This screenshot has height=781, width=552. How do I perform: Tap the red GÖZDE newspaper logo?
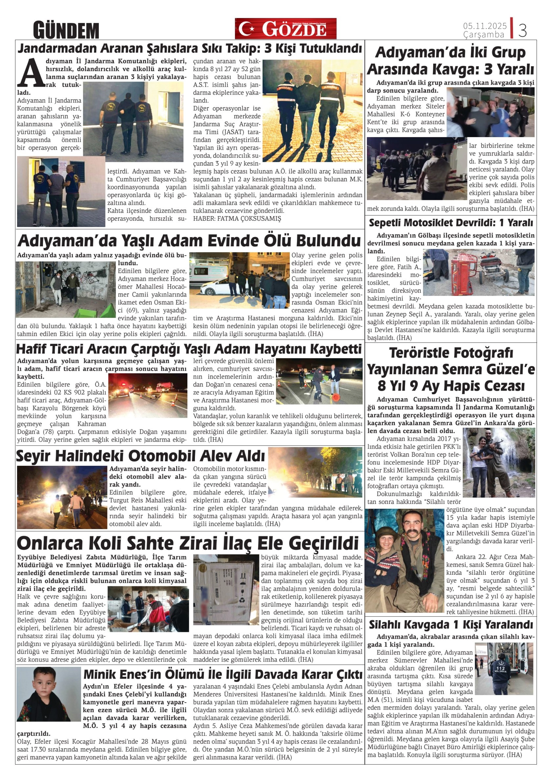click(285, 28)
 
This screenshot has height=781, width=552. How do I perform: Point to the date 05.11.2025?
click(485, 26)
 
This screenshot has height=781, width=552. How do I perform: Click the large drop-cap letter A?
click(31, 73)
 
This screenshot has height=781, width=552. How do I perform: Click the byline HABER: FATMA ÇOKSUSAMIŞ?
click(237, 219)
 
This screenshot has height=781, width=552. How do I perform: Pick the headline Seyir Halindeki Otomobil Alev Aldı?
click(140, 456)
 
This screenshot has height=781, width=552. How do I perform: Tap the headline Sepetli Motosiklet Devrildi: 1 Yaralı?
click(451, 223)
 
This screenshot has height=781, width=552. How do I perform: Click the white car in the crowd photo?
click(211, 287)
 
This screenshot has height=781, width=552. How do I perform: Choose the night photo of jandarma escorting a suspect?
click(312, 111)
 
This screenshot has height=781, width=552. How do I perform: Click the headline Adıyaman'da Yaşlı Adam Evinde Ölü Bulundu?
click(189, 241)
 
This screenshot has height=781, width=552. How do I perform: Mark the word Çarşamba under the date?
click(483, 35)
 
